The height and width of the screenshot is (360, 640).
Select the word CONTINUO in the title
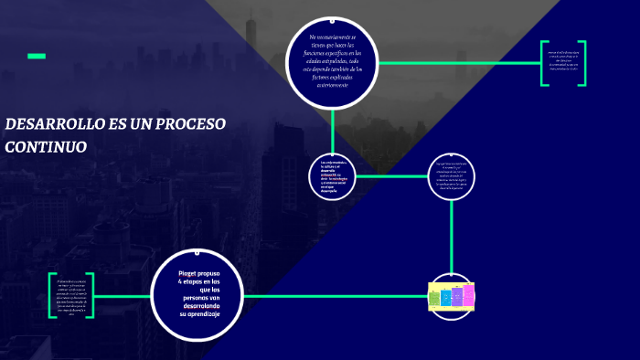(46, 146)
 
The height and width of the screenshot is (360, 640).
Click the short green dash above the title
(37, 57)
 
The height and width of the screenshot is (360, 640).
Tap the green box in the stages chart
(434, 296)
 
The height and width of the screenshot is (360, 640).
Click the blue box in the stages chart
(446, 296)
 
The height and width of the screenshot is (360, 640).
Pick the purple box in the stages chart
(457, 296)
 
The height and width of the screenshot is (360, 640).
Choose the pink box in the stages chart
(469, 294)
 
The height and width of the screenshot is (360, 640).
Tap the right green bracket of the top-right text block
(582, 64)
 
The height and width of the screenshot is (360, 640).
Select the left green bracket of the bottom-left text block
(53, 296)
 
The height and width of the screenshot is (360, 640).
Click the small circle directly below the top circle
(333, 176)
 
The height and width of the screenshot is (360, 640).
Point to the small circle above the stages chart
(451, 176)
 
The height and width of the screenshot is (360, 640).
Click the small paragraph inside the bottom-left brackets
(71, 296)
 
